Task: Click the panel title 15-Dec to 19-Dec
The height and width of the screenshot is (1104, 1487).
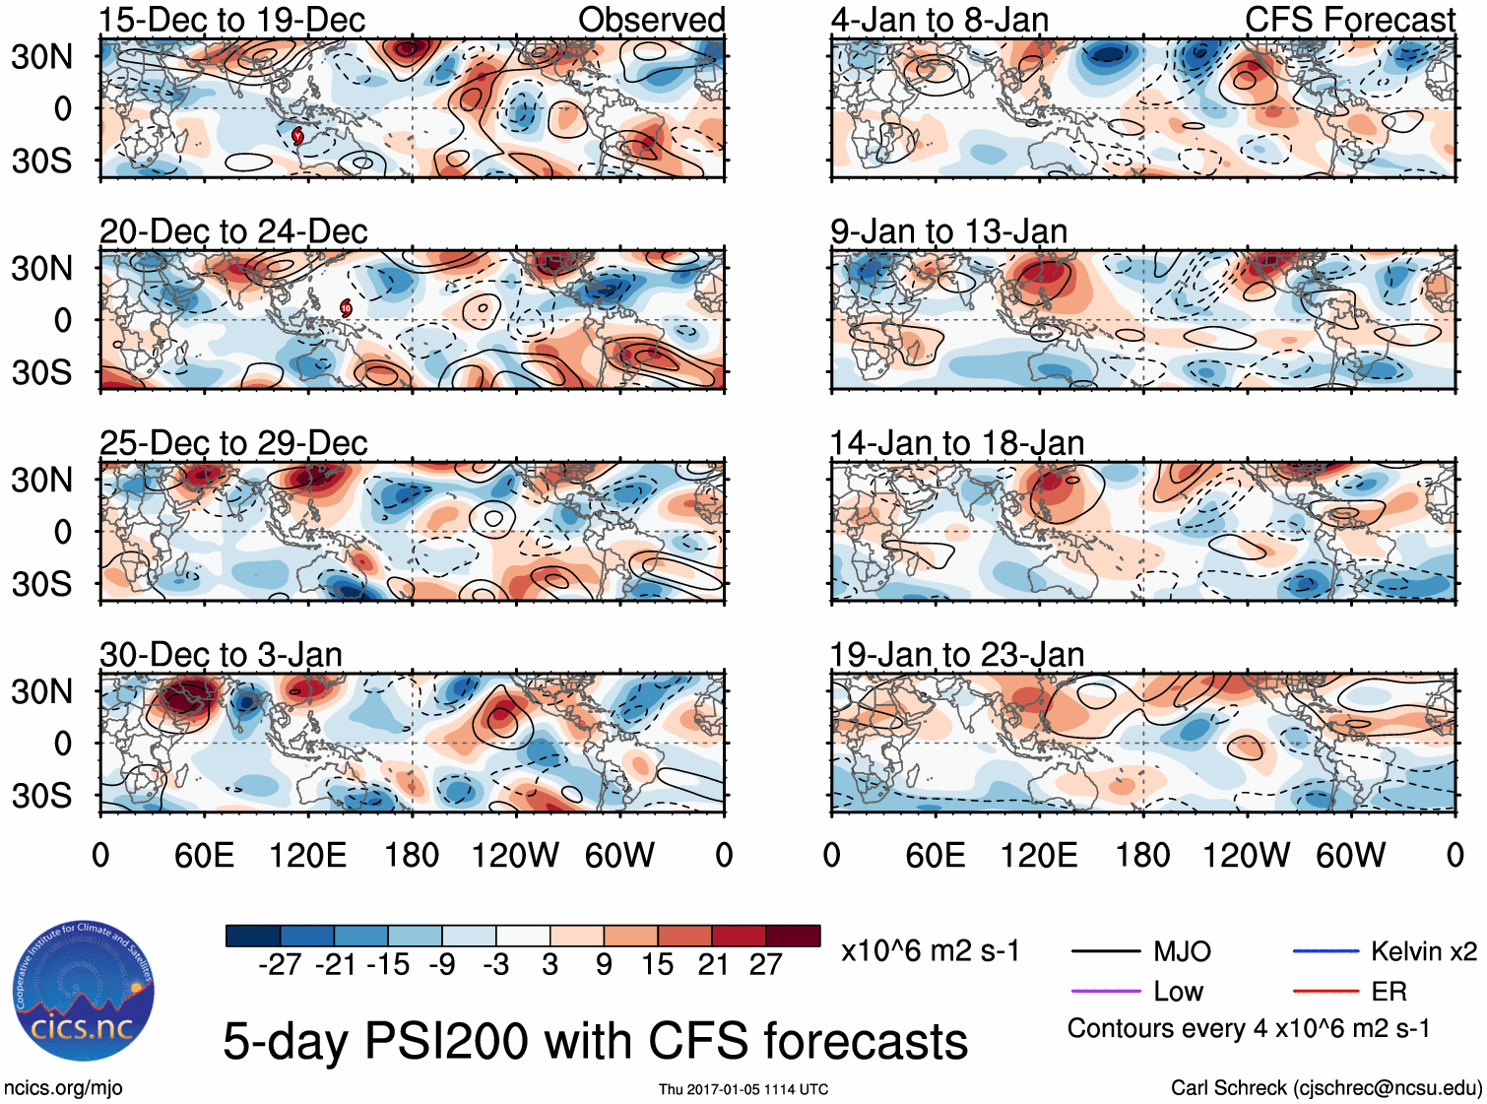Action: (232, 20)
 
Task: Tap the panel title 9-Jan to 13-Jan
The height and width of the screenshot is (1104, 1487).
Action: (948, 231)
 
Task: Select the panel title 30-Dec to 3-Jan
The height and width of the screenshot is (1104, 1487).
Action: (221, 655)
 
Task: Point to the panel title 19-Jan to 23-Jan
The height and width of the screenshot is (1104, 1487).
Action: (956, 655)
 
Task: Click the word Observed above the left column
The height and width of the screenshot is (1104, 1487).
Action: (651, 20)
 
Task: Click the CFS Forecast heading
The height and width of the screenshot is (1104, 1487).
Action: (1349, 20)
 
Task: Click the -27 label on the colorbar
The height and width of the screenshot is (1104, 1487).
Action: (280, 965)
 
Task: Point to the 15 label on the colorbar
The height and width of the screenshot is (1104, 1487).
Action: (657, 965)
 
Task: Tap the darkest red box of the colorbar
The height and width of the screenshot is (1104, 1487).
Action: (793, 936)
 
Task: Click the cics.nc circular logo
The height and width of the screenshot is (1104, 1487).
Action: (84, 992)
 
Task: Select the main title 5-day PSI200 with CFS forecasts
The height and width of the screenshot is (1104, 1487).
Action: (595, 1041)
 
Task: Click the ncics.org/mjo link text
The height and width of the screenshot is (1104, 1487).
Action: (63, 1087)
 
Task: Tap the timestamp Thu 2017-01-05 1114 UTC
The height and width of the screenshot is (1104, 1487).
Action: (743, 1089)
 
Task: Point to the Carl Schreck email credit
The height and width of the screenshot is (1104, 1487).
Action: (1325, 1087)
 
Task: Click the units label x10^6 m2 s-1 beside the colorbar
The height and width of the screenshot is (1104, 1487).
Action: (930, 951)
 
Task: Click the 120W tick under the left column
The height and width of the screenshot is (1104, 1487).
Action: (515, 855)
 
